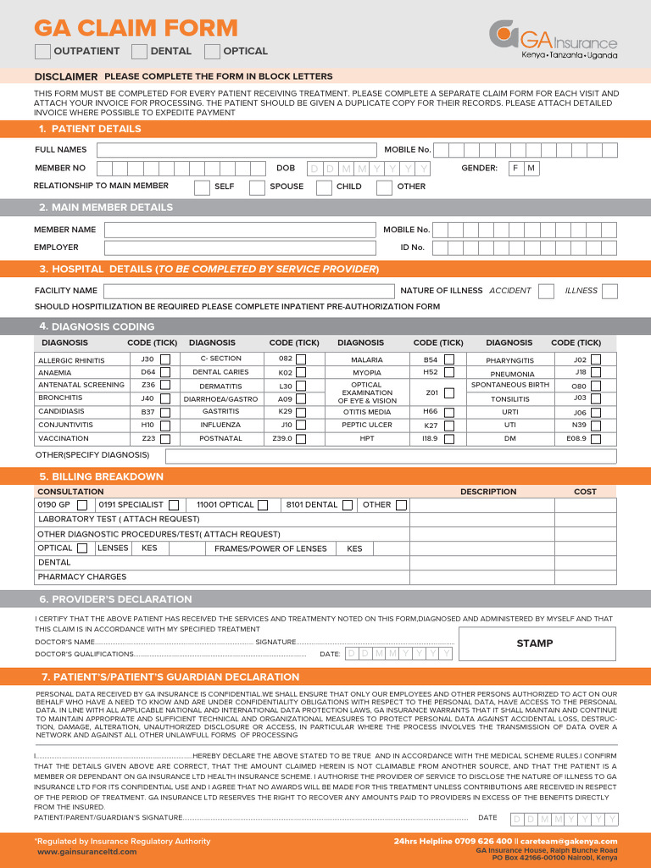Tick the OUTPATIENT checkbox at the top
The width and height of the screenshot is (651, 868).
click(x=42, y=52)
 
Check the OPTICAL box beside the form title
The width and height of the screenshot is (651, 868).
click(x=212, y=52)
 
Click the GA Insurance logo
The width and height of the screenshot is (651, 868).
click(x=553, y=39)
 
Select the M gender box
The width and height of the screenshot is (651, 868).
click(x=531, y=169)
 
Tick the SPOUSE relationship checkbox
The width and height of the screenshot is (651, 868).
click(x=257, y=187)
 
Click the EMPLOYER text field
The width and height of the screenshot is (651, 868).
click(x=240, y=248)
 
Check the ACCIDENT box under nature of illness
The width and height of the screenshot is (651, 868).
click(x=547, y=291)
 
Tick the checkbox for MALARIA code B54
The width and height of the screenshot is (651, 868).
click(x=449, y=359)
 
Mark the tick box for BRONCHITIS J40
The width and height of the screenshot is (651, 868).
click(x=165, y=398)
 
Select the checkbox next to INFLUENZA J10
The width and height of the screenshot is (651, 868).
click(x=301, y=426)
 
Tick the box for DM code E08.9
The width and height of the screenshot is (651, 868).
click(x=596, y=439)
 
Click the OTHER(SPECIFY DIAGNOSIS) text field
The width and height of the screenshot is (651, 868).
click(x=391, y=456)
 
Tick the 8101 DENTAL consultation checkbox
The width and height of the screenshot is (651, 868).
click(x=347, y=505)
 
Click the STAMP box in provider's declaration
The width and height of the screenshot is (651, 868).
click(x=534, y=643)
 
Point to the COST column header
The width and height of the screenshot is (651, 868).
click(x=585, y=492)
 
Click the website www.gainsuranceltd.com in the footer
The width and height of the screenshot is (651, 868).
click(x=86, y=852)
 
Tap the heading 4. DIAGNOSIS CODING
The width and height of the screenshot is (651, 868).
click(x=102, y=326)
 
